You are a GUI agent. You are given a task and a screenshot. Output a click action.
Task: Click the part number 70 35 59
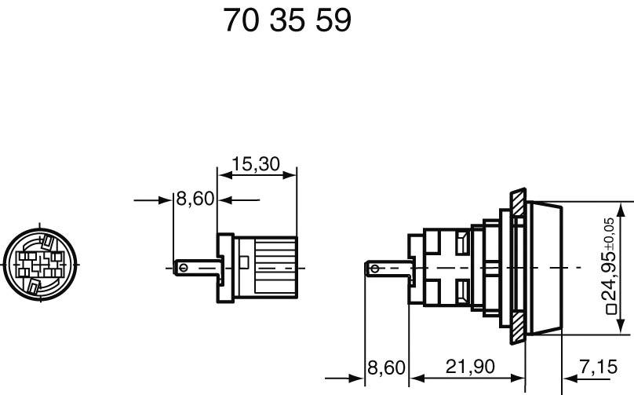[x=287, y=20]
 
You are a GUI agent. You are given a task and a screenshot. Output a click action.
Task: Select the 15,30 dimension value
[x=256, y=164]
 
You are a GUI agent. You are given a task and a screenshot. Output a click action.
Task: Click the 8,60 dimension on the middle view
[x=195, y=199]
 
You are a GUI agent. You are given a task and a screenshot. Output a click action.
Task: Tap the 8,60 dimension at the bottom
[x=386, y=368]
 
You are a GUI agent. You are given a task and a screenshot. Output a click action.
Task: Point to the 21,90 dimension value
[x=470, y=367]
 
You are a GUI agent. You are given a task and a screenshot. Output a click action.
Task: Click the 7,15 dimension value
[x=599, y=367]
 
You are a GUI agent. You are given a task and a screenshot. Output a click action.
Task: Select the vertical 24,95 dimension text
[x=608, y=276]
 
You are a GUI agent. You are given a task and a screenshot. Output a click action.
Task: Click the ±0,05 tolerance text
[x=610, y=234]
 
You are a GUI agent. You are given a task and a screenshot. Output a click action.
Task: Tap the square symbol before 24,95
[x=612, y=309]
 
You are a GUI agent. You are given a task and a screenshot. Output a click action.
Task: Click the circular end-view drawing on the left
[x=39, y=265]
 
